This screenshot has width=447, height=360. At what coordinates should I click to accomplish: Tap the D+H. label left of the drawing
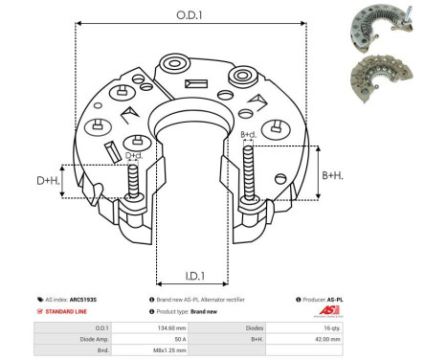point(47,180)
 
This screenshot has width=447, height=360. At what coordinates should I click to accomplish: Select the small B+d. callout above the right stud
point(248,134)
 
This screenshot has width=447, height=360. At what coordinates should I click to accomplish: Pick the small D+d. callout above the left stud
point(134,154)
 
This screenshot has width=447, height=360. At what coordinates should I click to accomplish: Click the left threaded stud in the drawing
point(132,181)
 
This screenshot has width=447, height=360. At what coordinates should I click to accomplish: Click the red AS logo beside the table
point(325,312)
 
